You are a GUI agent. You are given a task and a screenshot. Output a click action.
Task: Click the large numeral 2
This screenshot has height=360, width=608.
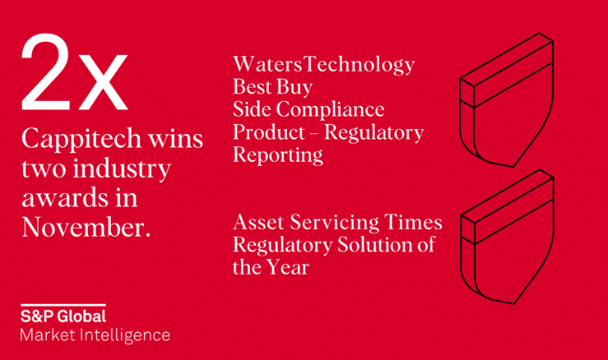click(46, 72)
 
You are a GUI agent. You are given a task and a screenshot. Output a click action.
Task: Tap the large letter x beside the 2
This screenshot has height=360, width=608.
click(103, 82)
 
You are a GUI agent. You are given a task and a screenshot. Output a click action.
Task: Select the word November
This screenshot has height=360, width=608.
click(86, 227)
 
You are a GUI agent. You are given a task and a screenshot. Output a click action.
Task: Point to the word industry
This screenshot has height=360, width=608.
click(122, 169)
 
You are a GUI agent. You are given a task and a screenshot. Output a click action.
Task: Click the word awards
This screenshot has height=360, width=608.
click(65, 197)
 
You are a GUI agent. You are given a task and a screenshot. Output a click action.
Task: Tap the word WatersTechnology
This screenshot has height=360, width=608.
click(324, 65)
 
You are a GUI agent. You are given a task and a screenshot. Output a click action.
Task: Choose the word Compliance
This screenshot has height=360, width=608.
click(330, 110)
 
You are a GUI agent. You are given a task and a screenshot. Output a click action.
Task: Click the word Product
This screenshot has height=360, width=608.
click(269, 132)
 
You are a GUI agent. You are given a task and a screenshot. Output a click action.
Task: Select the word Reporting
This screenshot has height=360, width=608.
click(278, 155)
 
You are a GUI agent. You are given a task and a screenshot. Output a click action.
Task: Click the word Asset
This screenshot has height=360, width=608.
click(259, 222)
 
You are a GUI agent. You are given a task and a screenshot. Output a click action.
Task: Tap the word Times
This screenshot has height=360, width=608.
click(413, 222)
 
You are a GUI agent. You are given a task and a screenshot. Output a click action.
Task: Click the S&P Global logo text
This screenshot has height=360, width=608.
click(63, 316)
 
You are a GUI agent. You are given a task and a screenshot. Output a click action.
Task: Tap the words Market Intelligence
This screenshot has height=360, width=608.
click(95, 335)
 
